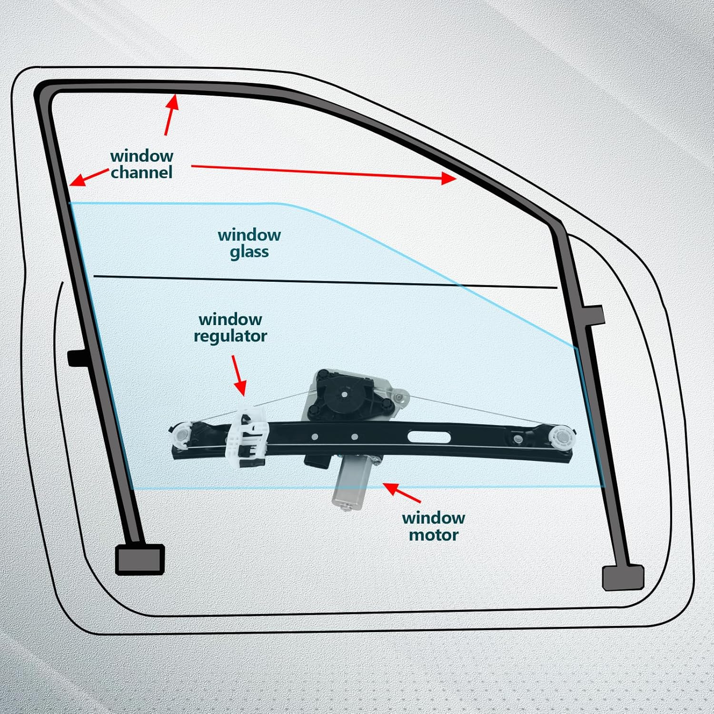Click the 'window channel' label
tap(141, 164)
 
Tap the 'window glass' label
tap(249, 243)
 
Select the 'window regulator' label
tap(230, 327)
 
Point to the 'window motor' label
tap(433, 526)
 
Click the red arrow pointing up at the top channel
tap(171, 114)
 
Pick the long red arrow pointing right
tap(324, 172)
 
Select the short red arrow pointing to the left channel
tap(89, 177)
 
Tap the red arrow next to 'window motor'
tap(401, 492)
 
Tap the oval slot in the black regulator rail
tap(429, 437)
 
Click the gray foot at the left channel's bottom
tap(140, 559)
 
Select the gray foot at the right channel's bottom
tap(623, 578)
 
